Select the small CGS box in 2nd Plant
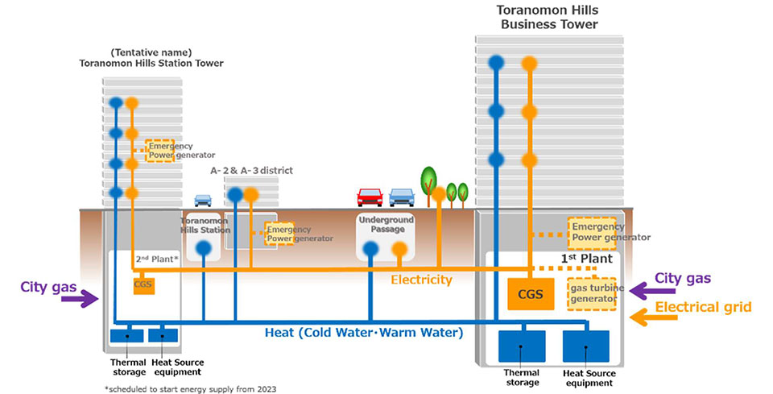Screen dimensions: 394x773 143,284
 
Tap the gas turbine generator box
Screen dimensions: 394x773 592,294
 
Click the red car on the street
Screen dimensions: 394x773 370,197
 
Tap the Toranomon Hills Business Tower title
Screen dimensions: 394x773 549,17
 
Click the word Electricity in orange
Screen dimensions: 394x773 421,280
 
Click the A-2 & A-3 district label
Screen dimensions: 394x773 251,171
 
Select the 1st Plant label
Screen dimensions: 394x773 592,259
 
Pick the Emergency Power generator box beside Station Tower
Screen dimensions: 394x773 159,150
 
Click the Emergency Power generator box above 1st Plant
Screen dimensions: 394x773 592,231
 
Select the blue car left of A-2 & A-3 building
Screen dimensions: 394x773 202,201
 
